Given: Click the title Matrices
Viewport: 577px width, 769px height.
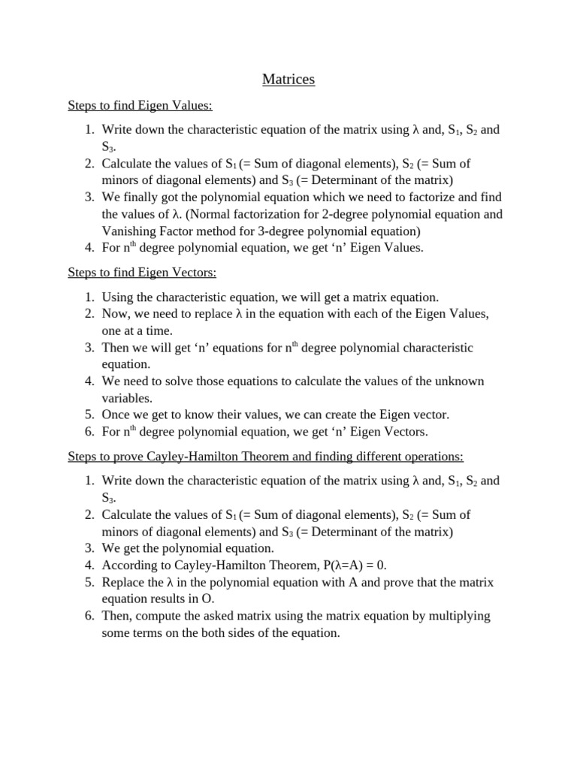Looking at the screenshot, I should click(288, 79).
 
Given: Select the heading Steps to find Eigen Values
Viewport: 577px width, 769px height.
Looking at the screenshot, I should click(143, 106).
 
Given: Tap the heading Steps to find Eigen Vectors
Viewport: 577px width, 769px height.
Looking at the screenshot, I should click(142, 273).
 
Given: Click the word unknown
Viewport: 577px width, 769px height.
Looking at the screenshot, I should click(458, 381).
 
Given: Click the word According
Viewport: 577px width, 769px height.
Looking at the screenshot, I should click(128, 565).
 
